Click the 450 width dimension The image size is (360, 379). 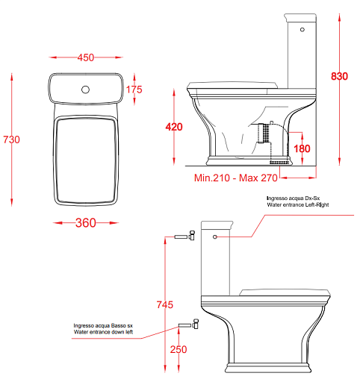click(x=86, y=57)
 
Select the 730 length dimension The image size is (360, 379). click(x=11, y=140)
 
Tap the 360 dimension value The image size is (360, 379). click(x=86, y=223)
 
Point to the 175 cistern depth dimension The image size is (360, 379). click(x=134, y=90)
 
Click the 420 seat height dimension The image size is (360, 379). click(x=174, y=127)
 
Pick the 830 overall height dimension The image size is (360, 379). click(x=339, y=76)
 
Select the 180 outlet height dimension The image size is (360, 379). click(x=302, y=148)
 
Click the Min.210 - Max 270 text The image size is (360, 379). click(x=236, y=178)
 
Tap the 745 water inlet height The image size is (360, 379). click(x=165, y=304)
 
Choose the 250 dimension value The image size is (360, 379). click(x=179, y=349)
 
